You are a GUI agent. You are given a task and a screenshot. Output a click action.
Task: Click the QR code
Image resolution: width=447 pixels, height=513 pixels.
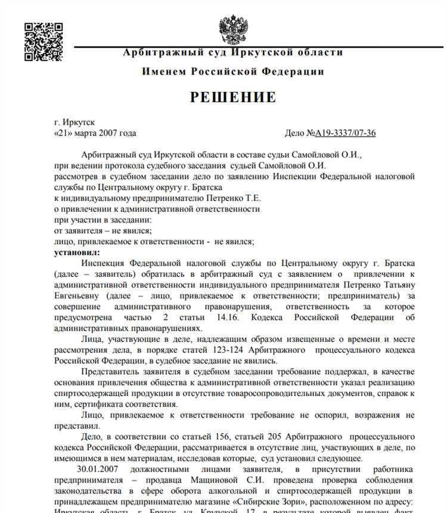[x=42, y=41]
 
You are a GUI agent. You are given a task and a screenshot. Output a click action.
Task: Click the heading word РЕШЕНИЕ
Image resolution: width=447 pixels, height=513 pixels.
[x=233, y=98]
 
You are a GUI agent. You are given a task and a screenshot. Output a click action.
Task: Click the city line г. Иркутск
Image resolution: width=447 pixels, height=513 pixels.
[x=74, y=122]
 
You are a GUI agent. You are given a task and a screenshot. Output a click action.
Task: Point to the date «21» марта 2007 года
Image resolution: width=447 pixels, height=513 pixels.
[x=95, y=133]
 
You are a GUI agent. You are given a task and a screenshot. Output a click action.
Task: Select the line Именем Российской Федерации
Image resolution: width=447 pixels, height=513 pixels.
[x=233, y=72]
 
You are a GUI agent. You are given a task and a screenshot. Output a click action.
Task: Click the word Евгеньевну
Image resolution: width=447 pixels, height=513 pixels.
[x=78, y=296]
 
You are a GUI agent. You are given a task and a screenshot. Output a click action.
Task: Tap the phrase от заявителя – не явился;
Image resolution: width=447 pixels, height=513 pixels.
[x=103, y=231]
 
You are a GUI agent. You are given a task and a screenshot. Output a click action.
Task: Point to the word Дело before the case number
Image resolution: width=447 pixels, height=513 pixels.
[x=296, y=133]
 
